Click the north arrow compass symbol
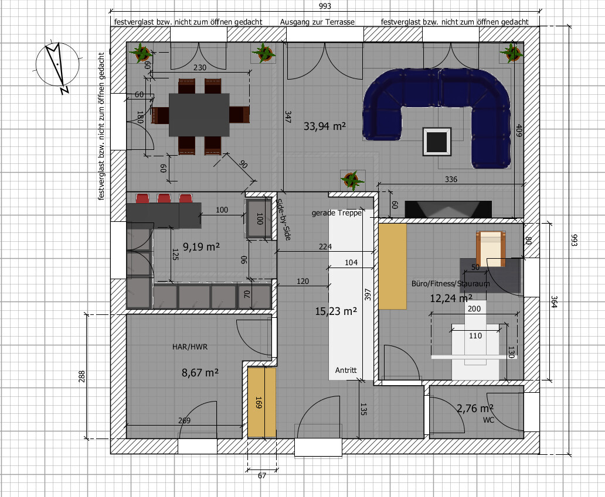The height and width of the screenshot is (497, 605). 57,65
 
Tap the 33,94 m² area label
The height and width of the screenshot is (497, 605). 325,126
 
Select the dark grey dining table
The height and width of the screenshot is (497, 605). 199,114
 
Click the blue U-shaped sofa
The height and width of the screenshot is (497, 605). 437,115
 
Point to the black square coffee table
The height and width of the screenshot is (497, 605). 437,142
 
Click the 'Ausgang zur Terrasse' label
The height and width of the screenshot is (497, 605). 317,22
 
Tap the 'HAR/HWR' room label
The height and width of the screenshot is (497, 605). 190,347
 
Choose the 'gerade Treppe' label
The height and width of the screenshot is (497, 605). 337,212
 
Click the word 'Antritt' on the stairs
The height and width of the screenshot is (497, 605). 346,370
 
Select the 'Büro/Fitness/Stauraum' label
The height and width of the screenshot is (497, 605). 451,284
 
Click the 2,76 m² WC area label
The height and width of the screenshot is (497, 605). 475,409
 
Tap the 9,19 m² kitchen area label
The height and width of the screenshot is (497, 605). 201,246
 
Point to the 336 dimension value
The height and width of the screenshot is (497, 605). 451,179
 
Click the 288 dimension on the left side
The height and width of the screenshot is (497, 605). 82,376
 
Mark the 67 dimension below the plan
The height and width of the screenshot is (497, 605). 262,476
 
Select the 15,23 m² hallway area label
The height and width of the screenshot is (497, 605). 336,311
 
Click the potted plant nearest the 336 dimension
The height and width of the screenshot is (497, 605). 352,180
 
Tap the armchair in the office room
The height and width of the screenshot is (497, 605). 491,248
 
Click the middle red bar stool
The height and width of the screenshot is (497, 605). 164,198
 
